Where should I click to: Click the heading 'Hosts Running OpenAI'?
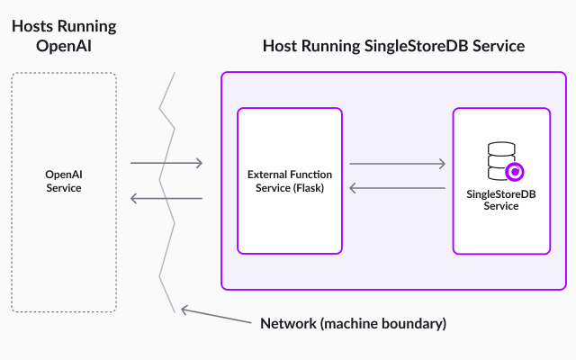coord(63,36)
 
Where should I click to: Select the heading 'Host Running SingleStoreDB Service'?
coord(393,46)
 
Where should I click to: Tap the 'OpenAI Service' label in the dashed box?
coord(63,181)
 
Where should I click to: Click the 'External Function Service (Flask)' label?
coord(289,181)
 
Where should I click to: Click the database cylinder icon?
coord(497,162)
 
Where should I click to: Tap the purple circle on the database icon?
coord(515,171)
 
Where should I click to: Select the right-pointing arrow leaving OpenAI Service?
coord(166,164)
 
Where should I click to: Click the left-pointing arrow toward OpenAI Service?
coord(166,198)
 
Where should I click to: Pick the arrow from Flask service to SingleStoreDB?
coord(397,164)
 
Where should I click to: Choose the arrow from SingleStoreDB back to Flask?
coord(397,188)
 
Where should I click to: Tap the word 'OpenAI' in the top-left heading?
coord(63,46)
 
